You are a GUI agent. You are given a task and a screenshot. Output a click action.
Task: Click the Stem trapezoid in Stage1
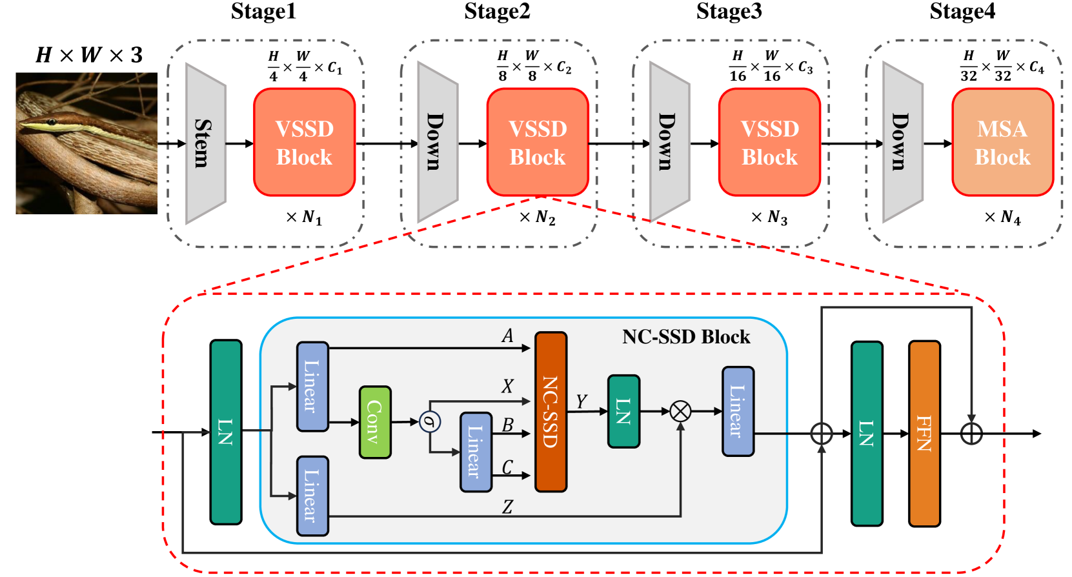click(x=205, y=143)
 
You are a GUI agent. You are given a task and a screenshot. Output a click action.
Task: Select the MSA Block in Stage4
click(x=1002, y=143)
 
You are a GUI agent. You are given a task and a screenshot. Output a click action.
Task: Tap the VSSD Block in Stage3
click(x=769, y=143)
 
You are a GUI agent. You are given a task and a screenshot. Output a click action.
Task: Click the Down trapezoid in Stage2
click(x=438, y=143)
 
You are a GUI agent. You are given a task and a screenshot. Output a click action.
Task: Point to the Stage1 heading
click(x=263, y=12)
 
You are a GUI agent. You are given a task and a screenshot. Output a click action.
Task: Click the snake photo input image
click(x=86, y=143)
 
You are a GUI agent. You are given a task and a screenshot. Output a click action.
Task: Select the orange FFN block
click(x=924, y=433)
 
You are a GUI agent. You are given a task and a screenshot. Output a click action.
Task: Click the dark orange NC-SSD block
click(x=551, y=412)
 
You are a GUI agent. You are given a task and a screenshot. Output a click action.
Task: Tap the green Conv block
click(x=375, y=422)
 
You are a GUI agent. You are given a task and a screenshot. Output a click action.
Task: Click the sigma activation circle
click(x=430, y=422)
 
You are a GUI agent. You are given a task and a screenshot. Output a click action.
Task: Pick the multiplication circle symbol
click(x=680, y=410)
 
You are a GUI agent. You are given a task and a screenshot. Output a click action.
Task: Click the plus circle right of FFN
click(x=971, y=433)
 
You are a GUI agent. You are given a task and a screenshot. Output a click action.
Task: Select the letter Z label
click(x=508, y=507)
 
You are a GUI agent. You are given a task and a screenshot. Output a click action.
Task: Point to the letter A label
click(x=508, y=336)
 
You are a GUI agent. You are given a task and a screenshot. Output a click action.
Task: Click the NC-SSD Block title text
click(x=686, y=337)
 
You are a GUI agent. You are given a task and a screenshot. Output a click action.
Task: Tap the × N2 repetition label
click(x=538, y=218)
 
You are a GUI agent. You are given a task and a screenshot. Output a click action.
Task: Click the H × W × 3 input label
click(x=89, y=56)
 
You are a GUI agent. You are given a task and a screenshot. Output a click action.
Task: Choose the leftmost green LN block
click(x=226, y=432)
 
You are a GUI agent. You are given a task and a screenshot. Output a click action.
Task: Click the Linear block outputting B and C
click(x=476, y=452)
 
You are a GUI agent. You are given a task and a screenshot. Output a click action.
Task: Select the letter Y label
click(x=582, y=402)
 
